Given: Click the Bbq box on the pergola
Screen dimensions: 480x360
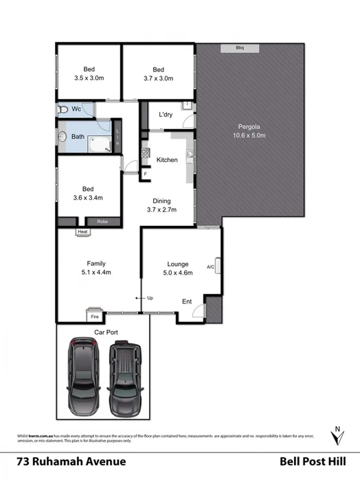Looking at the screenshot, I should click(x=240, y=48).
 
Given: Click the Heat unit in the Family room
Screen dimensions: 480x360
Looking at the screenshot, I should click(x=83, y=232).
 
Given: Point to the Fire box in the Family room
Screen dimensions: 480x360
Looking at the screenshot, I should click(x=95, y=317).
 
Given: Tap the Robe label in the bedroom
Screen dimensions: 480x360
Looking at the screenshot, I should click(x=102, y=222).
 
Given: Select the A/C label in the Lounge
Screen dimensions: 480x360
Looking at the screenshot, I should click(x=210, y=266).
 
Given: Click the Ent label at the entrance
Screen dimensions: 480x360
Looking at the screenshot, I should click(x=187, y=301).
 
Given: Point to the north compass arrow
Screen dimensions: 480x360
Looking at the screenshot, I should click(x=336, y=436).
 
